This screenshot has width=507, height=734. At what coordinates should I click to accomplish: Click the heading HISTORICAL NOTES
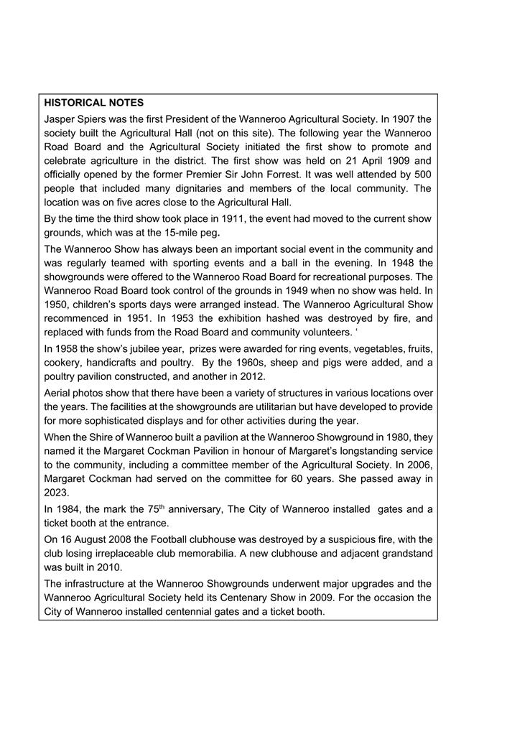[x=93, y=103]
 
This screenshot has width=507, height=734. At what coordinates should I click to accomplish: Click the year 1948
[x=403, y=263]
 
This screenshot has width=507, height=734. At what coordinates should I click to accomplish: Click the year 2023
[x=56, y=493]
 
